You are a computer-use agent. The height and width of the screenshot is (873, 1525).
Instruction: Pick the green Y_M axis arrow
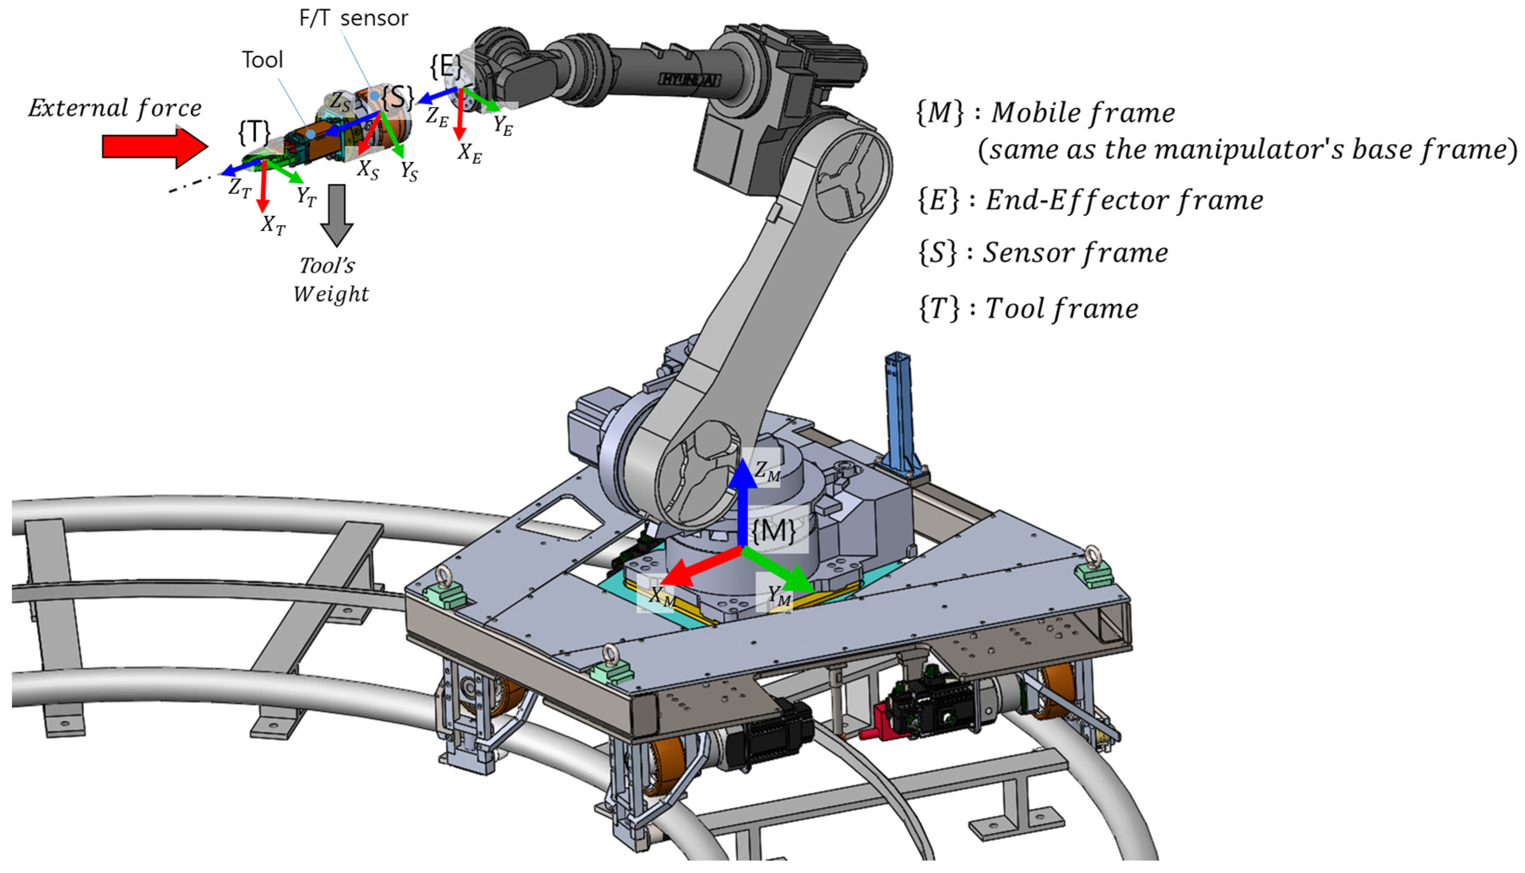click(x=780, y=570)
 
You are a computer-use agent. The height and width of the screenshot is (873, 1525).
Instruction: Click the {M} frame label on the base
click(x=774, y=531)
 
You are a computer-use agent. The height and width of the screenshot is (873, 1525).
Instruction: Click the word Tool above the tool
click(x=262, y=60)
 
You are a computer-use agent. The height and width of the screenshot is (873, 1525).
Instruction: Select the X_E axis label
click(x=469, y=154)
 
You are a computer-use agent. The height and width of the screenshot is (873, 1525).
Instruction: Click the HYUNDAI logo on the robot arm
click(x=690, y=79)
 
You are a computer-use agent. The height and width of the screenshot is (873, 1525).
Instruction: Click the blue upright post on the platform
click(x=900, y=414)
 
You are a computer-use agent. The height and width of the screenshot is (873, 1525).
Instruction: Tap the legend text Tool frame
click(x=1062, y=309)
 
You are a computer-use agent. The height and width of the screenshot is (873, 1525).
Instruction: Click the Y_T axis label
click(x=306, y=197)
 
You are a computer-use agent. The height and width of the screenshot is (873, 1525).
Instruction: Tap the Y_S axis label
click(x=409, y=172)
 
